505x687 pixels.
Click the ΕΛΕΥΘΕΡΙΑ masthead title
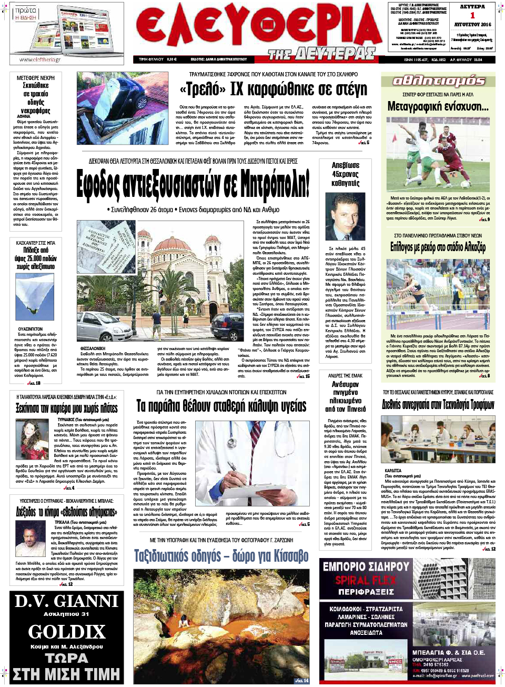point(258,26)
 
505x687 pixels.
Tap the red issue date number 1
point(472,15)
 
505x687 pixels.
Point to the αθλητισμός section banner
point(438,81)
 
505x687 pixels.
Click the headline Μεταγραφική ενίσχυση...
point(438,106)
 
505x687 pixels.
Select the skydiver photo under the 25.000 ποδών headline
point(35,297)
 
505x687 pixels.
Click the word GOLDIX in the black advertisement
point(67,631)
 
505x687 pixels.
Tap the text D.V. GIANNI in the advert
point(67,601)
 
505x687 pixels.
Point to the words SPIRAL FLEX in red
point(366,580)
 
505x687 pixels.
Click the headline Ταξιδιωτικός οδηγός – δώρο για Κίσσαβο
point(221,556)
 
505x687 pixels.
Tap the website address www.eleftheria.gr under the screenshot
point(40,60)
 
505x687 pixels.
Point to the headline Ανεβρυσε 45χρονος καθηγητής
point(345,174)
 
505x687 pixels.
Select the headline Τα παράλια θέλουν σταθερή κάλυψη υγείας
point(221,406)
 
